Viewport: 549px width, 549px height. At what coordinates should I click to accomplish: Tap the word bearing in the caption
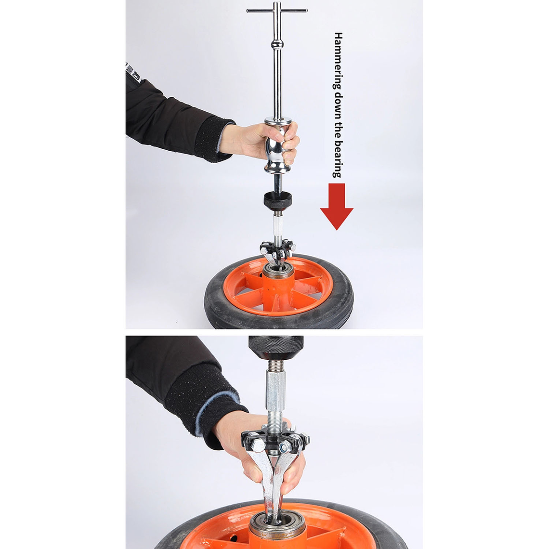338,159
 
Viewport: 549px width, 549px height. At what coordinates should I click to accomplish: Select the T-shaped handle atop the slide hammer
276,11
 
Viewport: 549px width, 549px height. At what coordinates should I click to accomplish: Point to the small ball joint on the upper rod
277,45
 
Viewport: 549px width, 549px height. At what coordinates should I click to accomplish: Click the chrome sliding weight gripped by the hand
278,147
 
